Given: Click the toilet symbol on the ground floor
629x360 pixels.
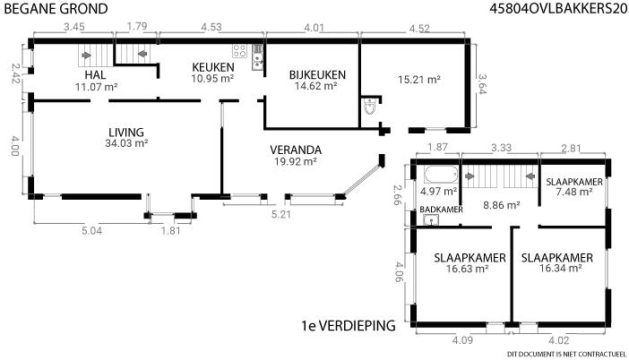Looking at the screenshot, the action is coord(370,107).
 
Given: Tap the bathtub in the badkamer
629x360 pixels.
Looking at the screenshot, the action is coord(441,175).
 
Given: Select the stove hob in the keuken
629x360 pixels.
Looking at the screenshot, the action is coord(239,51).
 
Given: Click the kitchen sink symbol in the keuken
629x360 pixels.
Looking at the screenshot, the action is coord(257,57).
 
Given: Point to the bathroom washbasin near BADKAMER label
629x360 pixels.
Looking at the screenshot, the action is coord(431,219).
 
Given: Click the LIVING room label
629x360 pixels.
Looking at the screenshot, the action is coord(126,132).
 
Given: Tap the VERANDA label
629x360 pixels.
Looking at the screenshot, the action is coord(296,150).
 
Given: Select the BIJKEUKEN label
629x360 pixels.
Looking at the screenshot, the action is coord(317,75).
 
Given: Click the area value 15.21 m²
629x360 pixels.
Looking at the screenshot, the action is coord(419,80).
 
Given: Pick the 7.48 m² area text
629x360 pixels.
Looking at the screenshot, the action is coord(574,192).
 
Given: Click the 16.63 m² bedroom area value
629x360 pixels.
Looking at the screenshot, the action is coord(467,269).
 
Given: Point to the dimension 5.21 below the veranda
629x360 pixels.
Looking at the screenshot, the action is coord(280,214).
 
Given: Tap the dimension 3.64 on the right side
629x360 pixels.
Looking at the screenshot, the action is coord(482,84).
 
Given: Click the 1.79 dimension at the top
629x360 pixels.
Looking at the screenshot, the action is coord(137,27).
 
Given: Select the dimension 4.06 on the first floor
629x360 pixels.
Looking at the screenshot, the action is coord(398,272).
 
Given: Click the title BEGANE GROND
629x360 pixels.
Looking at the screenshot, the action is coord(56,8).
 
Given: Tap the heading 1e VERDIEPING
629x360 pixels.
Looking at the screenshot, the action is coord(349,326).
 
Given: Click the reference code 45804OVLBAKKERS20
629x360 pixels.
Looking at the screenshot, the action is coord(558,8).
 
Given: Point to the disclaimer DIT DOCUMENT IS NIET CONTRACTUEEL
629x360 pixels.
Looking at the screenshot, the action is coord(566,355).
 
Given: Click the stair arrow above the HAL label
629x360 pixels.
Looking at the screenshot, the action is coord(86,56).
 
